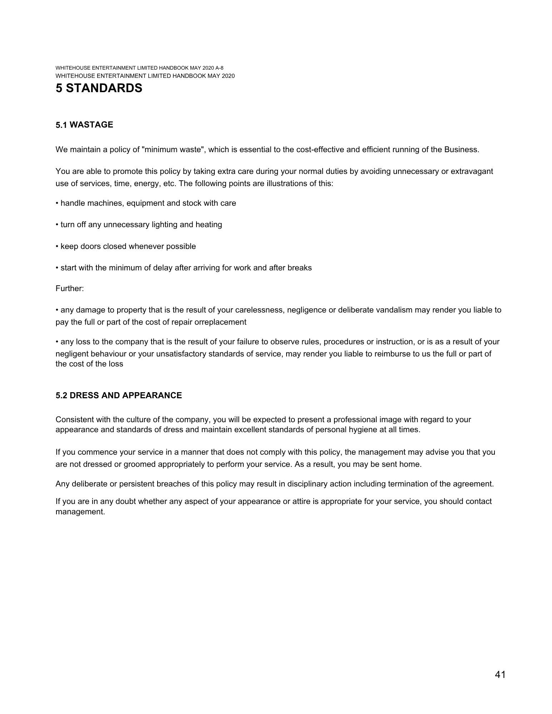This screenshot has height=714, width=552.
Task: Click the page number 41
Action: point(500,674)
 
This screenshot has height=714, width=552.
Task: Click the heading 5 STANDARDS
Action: point(99,88)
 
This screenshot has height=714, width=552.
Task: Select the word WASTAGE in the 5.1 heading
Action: point(91,125)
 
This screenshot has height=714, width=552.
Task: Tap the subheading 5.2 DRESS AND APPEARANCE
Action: point(119,395)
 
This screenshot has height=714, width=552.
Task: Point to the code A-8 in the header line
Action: point(219,68)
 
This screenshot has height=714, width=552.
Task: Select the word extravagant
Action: point(472,171)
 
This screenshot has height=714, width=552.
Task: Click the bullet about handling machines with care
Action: point(146,203)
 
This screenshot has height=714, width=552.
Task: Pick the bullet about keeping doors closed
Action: point(126,246)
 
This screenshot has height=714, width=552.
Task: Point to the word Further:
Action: point(70,289)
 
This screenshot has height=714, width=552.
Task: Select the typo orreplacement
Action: point(220,322)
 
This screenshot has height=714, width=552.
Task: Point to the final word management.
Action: point(80,512)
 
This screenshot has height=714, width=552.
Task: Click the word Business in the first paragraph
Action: point(461,150)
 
